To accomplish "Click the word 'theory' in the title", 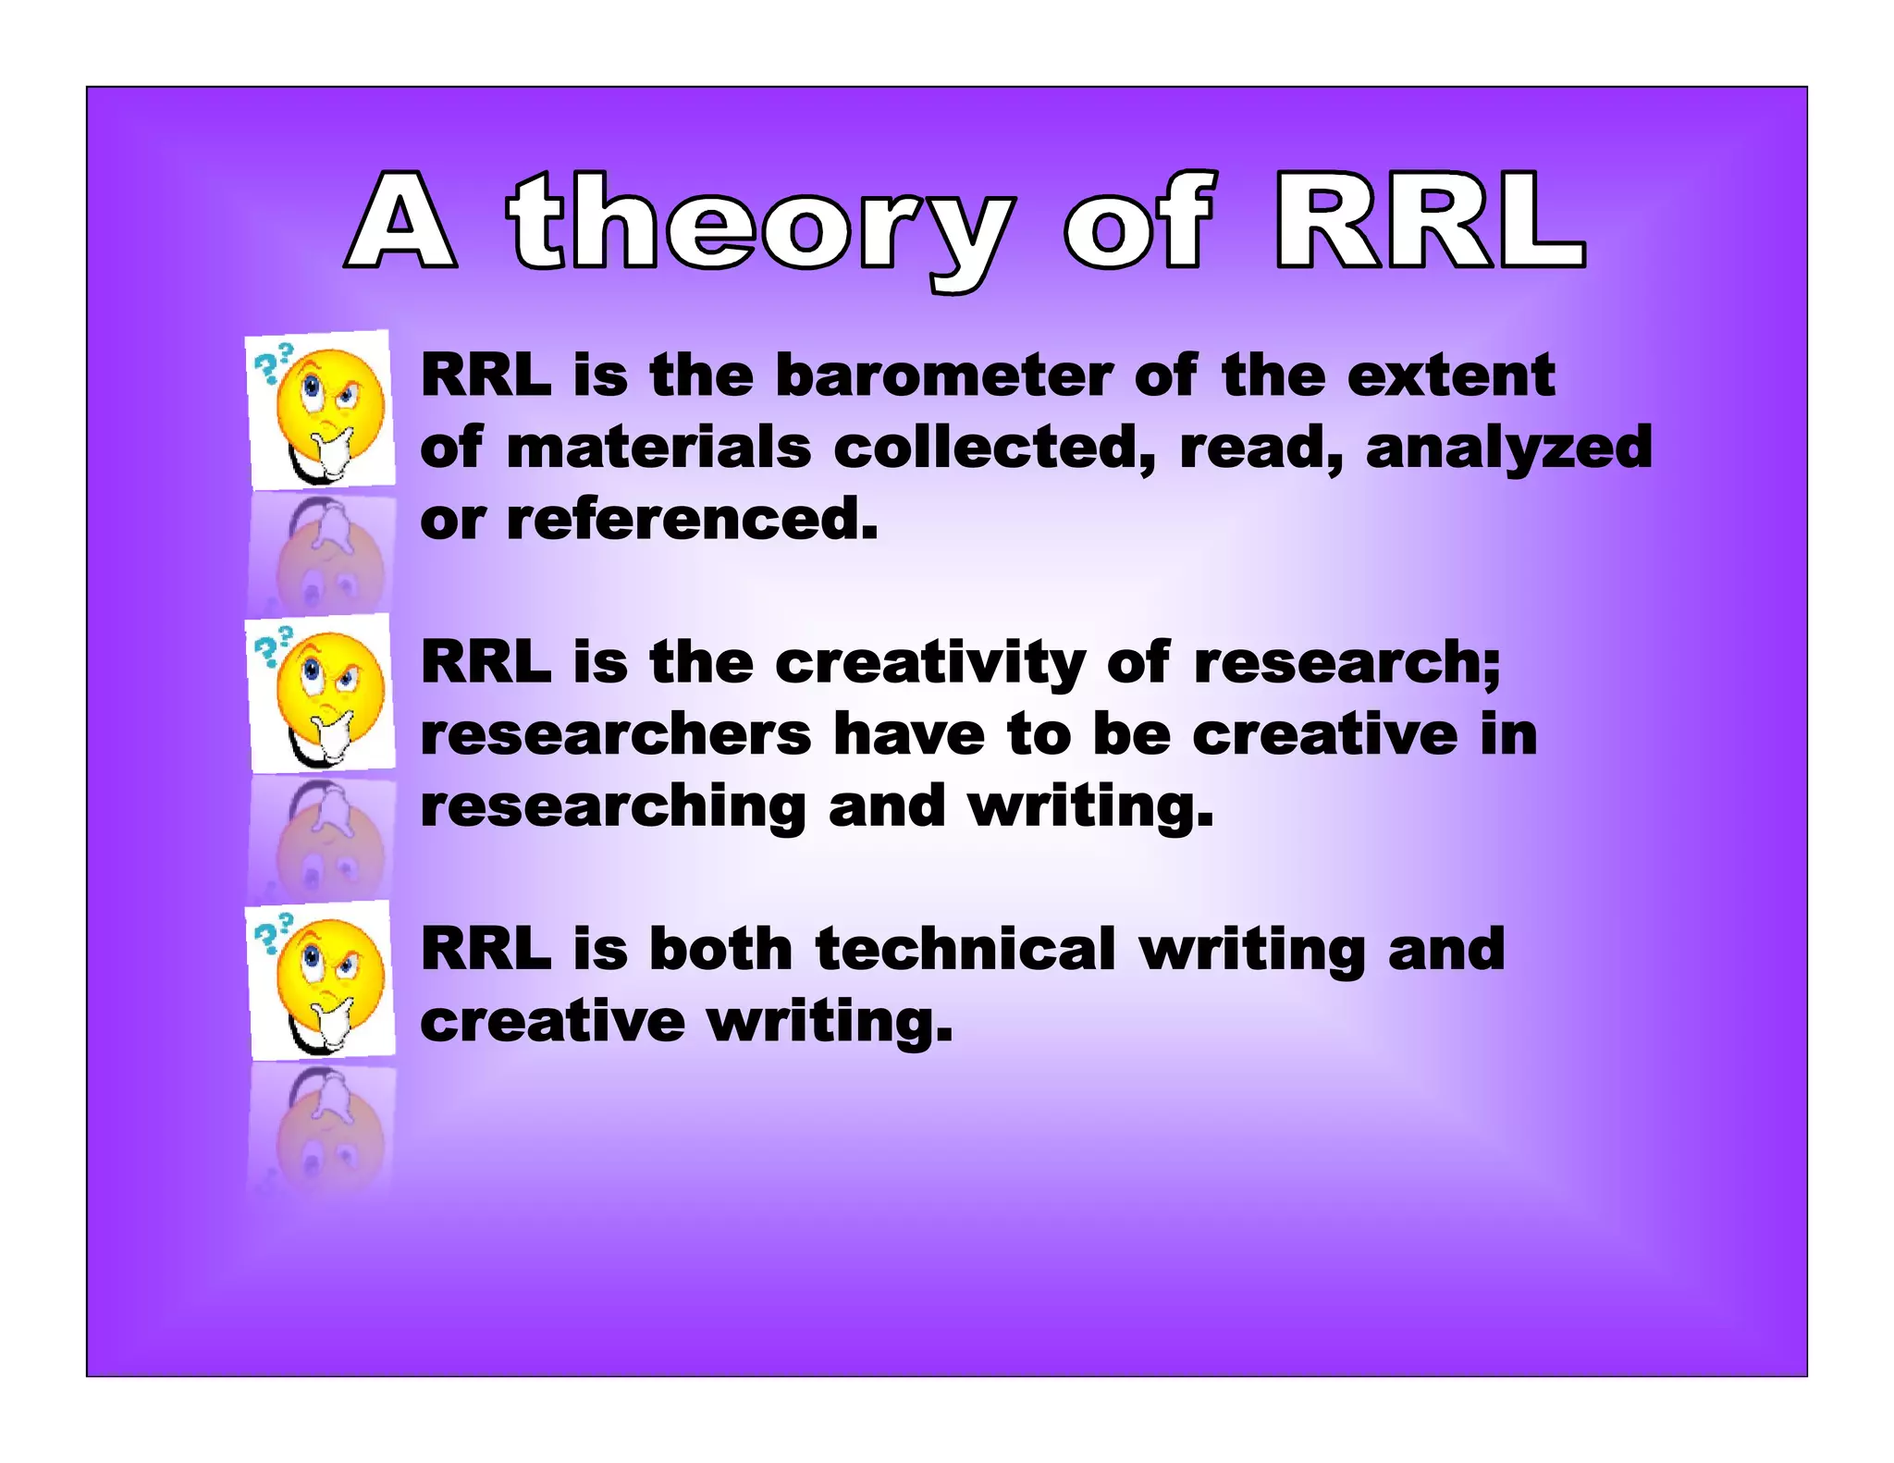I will tap(758, 227).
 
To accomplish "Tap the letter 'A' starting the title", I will tap(401, 222).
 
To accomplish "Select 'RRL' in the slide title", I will tap(1430, 222).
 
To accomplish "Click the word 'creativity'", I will tap(930, 663).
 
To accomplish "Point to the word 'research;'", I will tap(1347, 663).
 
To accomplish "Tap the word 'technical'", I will tap(965, 950).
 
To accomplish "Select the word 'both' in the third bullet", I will tap(720, 950).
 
